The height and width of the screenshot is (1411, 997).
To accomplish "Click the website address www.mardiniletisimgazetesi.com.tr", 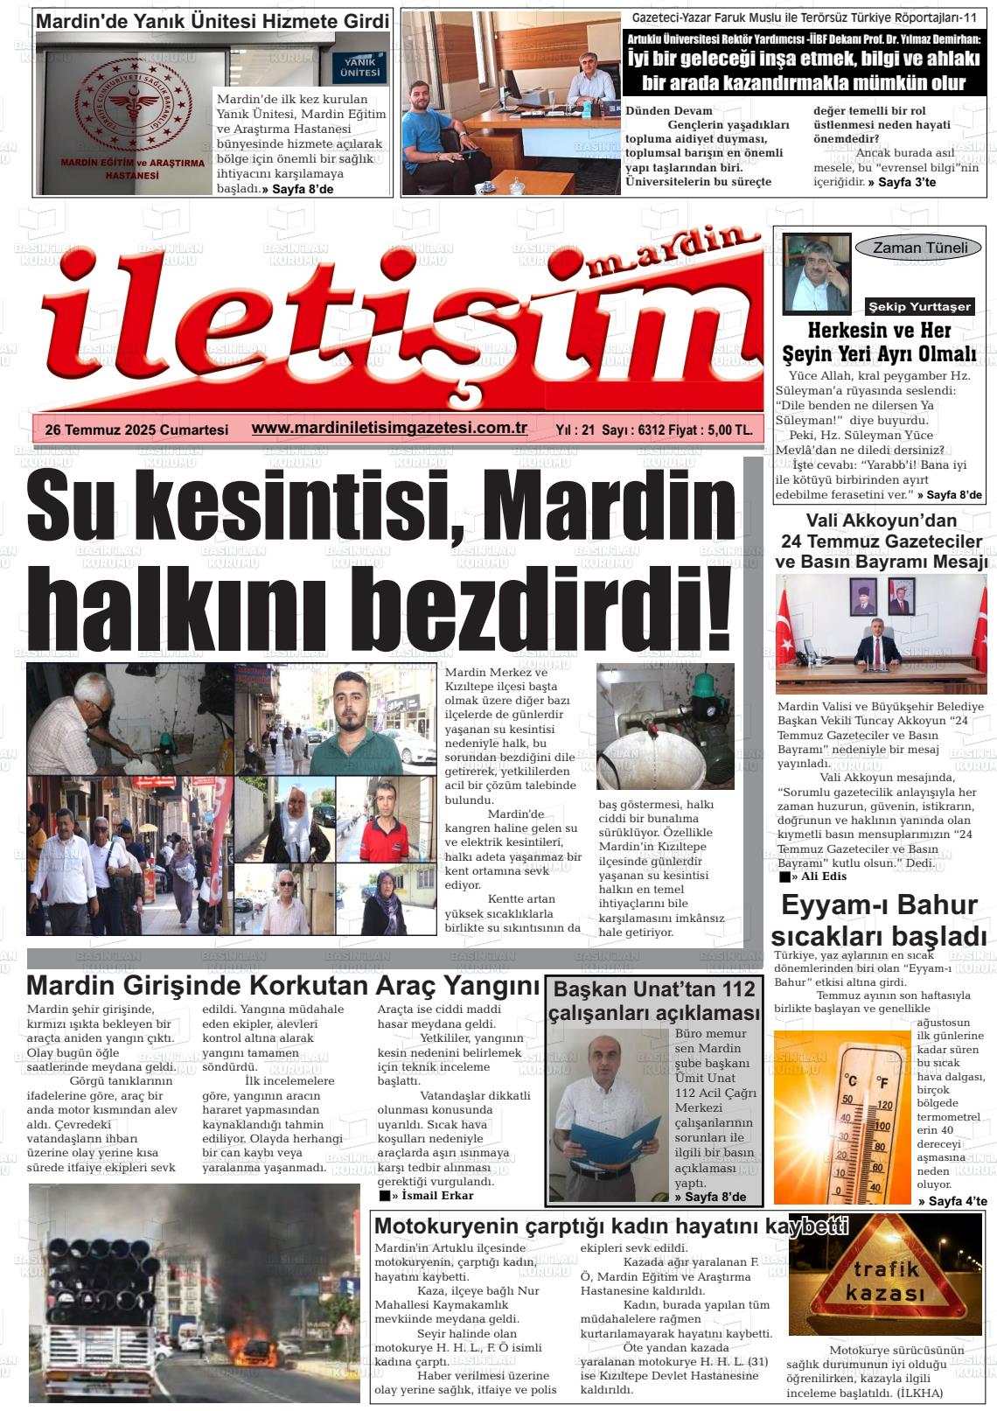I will (388, 428).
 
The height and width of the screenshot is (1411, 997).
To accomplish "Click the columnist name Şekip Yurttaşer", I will (918, 307).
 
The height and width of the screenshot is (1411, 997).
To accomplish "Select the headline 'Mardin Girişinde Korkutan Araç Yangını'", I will (283, 985).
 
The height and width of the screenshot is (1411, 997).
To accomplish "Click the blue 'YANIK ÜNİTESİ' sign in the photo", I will (362, 69).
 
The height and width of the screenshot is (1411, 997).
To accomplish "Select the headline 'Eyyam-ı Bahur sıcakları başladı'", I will (882, 919).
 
